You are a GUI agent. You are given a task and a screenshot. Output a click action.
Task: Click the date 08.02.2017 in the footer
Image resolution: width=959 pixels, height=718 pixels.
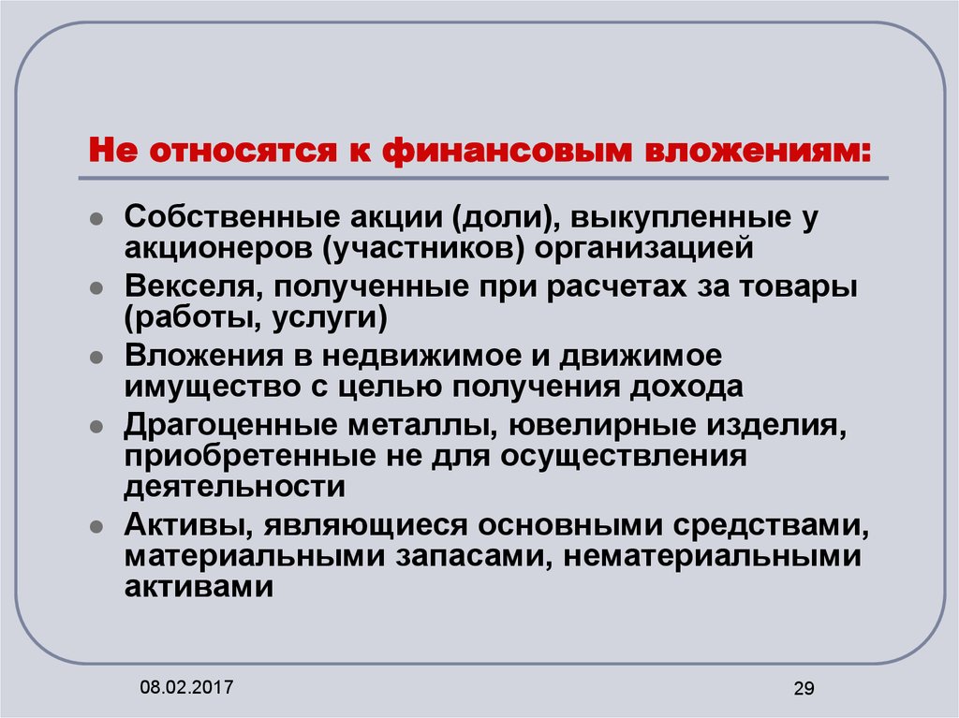(x=186, y=687)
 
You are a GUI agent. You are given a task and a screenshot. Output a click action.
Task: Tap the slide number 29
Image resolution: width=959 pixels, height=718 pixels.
(x=804, y=688)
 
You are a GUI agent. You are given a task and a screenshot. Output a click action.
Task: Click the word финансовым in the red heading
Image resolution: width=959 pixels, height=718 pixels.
(x=507, y=151)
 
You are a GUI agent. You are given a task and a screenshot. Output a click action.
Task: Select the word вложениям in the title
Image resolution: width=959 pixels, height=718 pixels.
(x=758, y=151)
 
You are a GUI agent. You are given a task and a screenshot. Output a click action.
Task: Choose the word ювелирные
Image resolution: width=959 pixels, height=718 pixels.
(x=602, y=425)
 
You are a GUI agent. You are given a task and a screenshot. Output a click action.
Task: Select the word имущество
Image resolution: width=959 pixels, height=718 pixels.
(x=213, y=387)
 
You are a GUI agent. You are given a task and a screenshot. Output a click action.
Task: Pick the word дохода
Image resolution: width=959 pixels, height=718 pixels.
(x=686, y=387)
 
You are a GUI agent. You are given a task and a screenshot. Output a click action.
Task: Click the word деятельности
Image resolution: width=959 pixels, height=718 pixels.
(x=235, y=486)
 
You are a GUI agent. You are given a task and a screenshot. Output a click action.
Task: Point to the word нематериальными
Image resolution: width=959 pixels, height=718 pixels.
(x=712, y=557)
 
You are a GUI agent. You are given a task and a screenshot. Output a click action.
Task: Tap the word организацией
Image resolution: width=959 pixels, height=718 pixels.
(x=644, y=248)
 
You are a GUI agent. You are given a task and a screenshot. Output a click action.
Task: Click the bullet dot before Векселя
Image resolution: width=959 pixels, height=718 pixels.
(x=96, y=288)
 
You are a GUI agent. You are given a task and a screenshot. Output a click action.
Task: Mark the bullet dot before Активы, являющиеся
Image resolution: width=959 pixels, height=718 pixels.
(x=96, y=527)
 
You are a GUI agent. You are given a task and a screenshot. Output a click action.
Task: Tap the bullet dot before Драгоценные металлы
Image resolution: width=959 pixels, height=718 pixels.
(x=96, y=426)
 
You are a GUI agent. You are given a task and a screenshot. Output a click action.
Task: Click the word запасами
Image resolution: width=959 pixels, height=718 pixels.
(x=473, y=557)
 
